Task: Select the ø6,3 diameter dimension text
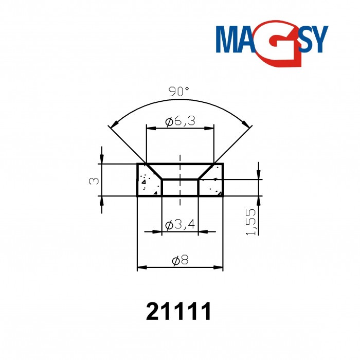pyautogui.click(x=179, y=121)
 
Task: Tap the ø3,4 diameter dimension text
pyautogui.click(x=180, y=225)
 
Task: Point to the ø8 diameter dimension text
pyautogui.click(x=181, y=261)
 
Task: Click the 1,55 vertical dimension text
pyautogui.click(x=251, y=222)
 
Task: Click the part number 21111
pyautogui.click(x=179, y=312)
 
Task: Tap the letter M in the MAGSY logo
pyautogui.click(x=228, y=40)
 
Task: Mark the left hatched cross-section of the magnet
pyautogui.click(x=149, y=185)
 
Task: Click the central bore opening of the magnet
pyautogui.click(x=180, y=187)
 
